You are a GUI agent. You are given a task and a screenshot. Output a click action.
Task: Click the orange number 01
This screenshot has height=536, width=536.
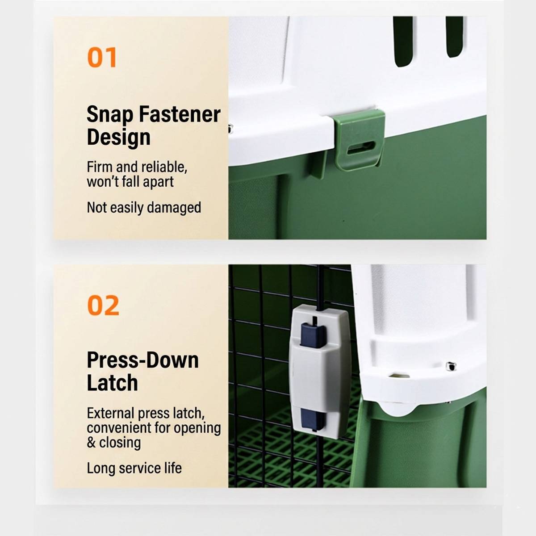click(102, 57)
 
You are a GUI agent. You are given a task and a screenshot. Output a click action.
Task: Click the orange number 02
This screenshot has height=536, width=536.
click(103, 305)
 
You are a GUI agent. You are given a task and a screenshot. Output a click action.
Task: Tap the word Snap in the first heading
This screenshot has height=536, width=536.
click(110, 115)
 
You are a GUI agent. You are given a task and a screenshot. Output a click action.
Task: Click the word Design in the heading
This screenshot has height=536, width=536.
click(118, 138)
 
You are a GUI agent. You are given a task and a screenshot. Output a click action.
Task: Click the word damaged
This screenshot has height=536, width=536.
click(174, 208)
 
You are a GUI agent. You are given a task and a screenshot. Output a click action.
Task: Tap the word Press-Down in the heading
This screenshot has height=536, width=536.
click(143, 360)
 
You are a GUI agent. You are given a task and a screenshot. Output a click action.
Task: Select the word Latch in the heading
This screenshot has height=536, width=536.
click(113, 382)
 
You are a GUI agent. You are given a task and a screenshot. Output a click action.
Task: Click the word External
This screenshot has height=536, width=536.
click(111, 413)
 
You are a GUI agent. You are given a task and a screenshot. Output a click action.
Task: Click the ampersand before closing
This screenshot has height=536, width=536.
click(91, 443)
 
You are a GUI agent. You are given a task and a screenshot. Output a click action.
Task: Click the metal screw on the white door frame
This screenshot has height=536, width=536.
click(451, 366)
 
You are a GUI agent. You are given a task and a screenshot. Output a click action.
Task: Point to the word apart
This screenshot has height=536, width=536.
click(158, 182)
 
